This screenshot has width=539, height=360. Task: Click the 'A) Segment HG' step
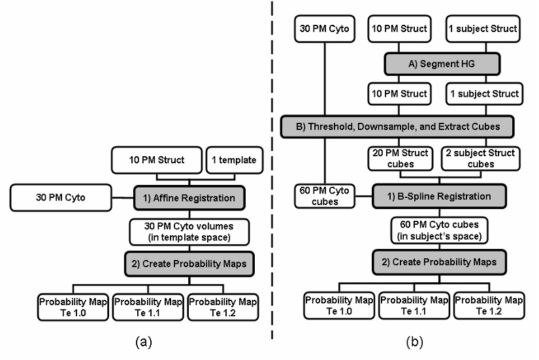click(x=442, y=64)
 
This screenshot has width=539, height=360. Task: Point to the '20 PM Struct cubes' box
click(x=399, y=159)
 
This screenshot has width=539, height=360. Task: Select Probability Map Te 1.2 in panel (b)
click(x=489, y=305)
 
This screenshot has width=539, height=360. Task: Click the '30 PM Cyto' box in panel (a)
click(x=59, y=196)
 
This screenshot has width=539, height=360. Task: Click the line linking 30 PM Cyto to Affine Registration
click(x=122, y=196)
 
